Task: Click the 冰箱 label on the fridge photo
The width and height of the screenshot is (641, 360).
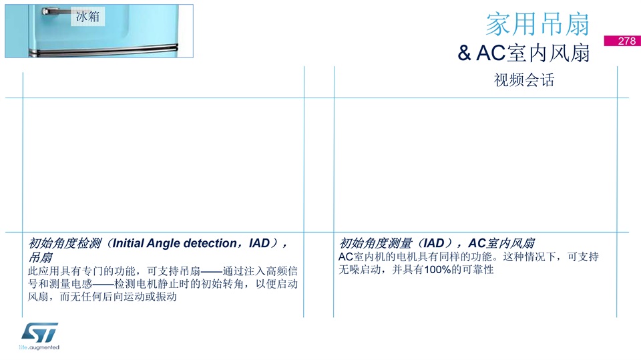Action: coord(87,16)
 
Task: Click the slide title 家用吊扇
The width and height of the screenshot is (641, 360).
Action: coord(538,24)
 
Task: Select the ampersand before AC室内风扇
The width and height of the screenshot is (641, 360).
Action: coord(464,53)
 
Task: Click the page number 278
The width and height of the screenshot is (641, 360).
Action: coord(627,41)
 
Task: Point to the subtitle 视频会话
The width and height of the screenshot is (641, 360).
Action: coord(524,79)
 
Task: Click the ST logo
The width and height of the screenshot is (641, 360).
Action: coord(39,333)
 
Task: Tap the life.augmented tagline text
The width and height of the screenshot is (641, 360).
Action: coord(39,347)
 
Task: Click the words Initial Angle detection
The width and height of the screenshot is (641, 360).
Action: coord(174,243)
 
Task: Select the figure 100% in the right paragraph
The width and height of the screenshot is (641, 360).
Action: coord(437,270)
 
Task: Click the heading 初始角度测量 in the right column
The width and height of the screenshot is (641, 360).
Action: coord(375,243)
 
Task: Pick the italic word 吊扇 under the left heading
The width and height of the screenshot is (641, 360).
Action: coord(40,257)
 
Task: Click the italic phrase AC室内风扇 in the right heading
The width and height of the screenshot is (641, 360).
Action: coord(501,243)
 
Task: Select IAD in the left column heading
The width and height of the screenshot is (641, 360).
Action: coord(259,243)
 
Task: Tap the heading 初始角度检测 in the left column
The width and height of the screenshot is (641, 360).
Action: coord(65,243)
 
